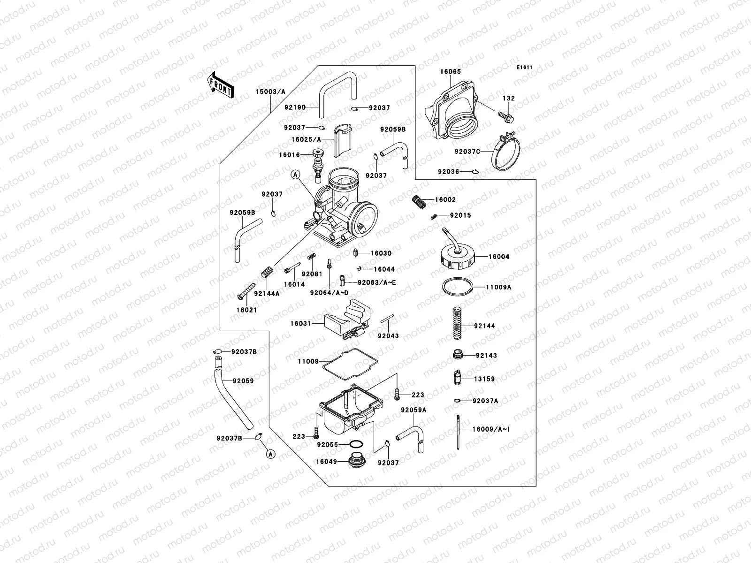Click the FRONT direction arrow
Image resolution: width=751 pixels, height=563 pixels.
point(220,85)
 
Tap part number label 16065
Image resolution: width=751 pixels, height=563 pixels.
point(450,72)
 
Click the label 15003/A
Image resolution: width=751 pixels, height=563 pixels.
point(270,91)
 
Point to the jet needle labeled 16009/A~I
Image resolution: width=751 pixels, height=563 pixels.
point(457,432)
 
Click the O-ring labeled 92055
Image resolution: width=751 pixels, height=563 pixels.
point(356,444)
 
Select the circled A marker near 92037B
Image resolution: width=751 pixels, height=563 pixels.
point(270,454)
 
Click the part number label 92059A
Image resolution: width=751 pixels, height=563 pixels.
point(414,410)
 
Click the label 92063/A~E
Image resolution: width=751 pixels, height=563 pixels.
point(377,282)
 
